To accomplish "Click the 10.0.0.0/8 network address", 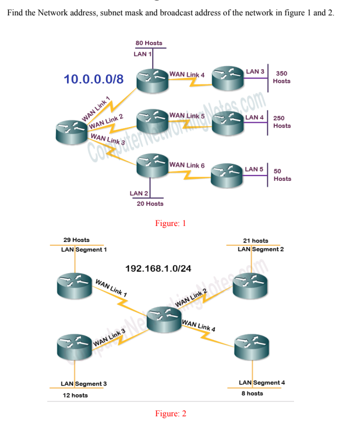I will pyautogui.click(x=93, y=79).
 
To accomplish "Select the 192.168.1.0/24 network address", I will pyautogui.click(x=158, y=268).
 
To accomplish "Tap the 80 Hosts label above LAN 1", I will pyautogui.click(x=148, y=43).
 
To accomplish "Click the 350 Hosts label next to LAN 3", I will pyautogui.click(x=282, y=77).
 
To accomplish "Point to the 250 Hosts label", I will pyautogui.click(x=281, y=122).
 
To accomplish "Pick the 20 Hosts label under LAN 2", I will pyautogui.click(x=149, y=203).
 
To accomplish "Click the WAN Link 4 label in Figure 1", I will pyautogui.click(x=187, y=74).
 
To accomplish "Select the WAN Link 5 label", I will pyautogui.click(x=187, y=116).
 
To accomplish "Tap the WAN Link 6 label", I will pyautogui.click(x=187, y=165).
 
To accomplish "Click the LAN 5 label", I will pyautogui.click(x=254, y=169).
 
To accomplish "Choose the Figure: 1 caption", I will pyautogui.click(x=170, y=223).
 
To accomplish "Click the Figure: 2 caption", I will pyautogui.click(x=170, y=414).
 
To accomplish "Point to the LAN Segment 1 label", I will pyautogui.click(x=84, y=249).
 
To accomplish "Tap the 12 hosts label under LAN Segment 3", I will pyautogui.click(x=75, y=395).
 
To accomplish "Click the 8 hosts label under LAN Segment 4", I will pyautogui.click(x=252, y=393).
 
